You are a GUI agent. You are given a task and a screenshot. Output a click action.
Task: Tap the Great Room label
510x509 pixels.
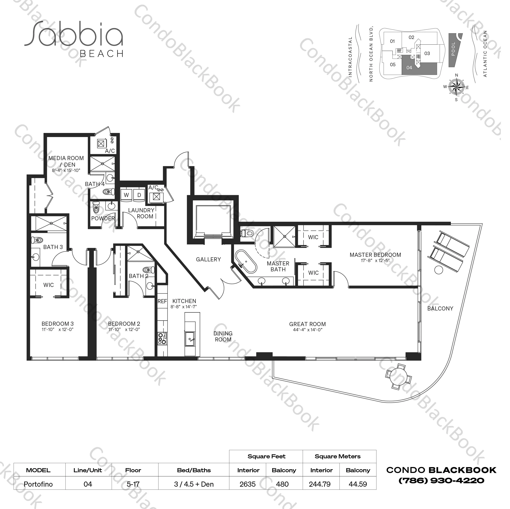[x=307, y=324]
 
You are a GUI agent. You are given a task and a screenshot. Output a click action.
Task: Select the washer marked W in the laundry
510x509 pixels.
[x=126, y=195]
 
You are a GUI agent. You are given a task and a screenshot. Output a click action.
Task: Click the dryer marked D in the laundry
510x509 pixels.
[x=139, y=195]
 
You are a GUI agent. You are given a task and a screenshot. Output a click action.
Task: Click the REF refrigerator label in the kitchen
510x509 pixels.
[x=162, y=301]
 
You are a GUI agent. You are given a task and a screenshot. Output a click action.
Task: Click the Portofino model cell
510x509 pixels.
[x=38, y=484]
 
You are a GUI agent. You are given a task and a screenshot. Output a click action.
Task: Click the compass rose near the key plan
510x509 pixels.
[x=456, y=87]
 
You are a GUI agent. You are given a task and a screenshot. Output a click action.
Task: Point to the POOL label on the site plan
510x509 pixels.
[x=453, y=49]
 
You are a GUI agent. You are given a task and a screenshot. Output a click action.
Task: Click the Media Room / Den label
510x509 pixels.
[x=66, y=161]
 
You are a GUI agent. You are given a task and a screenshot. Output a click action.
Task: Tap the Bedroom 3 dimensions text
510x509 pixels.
[x=58, y=329]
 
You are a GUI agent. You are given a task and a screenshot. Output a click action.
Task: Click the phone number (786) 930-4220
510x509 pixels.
[x=441, y=481]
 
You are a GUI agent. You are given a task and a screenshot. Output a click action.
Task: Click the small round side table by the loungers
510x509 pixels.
[x=438, y=270]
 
